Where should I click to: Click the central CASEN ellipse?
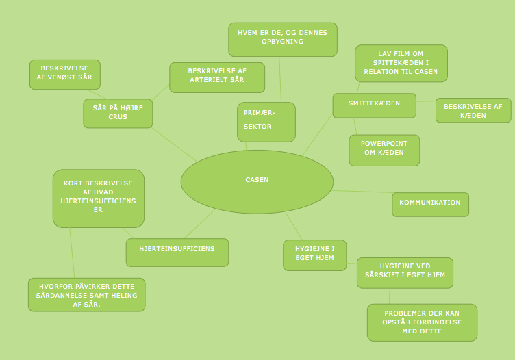tap(257, 181)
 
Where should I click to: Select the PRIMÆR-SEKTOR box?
tap(266, 122)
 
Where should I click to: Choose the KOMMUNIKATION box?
tap(430, 204)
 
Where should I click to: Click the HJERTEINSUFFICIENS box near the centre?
tap(177, 252)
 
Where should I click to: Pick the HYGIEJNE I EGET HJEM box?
tap(314, 255)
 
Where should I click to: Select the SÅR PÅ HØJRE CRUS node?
tap(118, 113)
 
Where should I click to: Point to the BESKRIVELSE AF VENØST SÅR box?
tap(65, 74)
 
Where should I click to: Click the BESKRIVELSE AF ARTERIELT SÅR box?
tap(216, 77)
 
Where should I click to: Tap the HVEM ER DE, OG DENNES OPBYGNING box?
tap(282, 39)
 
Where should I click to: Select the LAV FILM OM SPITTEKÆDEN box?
tap(401, 64)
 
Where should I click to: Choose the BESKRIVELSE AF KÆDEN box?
tap(473, 110)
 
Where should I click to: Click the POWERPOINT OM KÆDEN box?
tap(384, 150)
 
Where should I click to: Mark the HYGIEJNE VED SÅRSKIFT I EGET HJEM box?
tap(404, 272)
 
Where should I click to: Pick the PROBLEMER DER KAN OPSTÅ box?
tap(422, 322)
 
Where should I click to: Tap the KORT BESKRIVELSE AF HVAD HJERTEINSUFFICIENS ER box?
tap(98, 198)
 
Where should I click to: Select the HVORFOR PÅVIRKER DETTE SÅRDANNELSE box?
tap(86, 294)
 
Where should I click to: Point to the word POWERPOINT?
tap(384, 144)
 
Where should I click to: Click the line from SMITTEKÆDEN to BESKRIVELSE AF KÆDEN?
tap(426, 101)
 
